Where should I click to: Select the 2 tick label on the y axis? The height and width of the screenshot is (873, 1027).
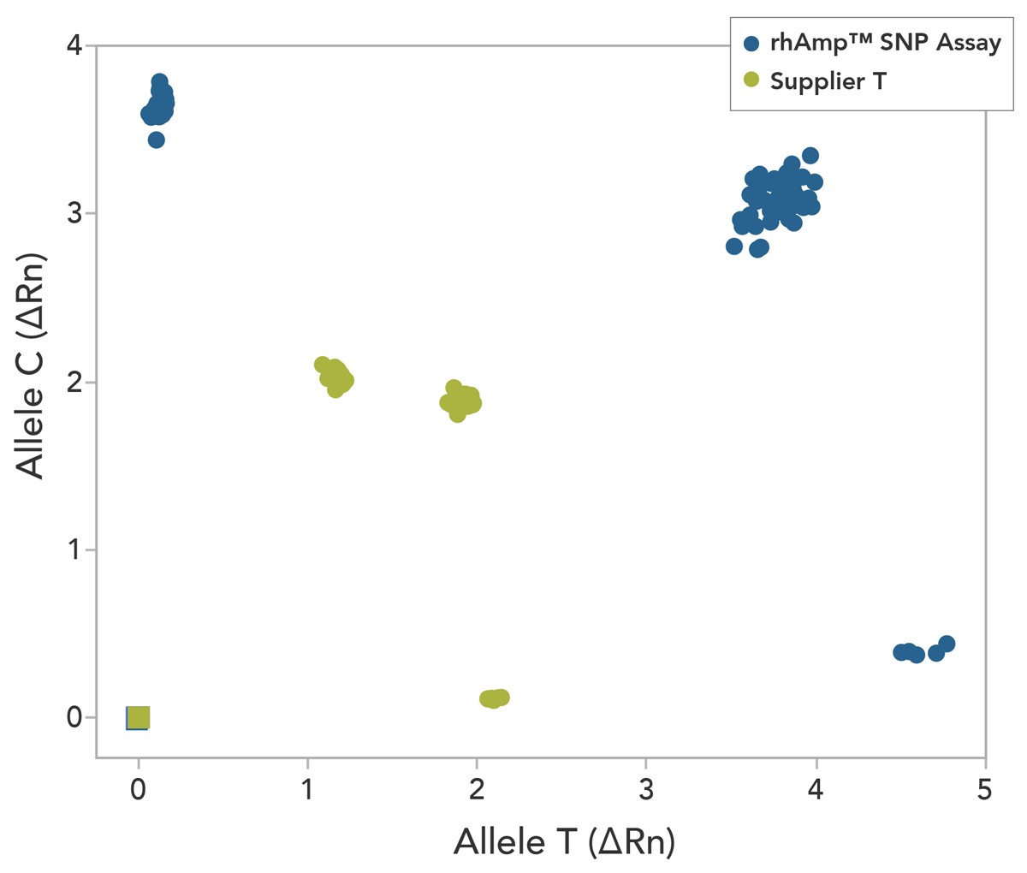click(x=74, y=381)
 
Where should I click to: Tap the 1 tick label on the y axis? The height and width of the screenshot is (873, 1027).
click(x=74, y=549)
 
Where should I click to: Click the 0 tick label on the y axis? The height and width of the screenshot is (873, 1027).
click(x=74, y=717)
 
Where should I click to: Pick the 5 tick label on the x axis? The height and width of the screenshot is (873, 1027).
click(x=985, y=788)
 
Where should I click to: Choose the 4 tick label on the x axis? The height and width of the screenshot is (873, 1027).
click(x=816, y=788)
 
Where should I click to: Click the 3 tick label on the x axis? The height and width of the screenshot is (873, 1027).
click(x=646, y=788)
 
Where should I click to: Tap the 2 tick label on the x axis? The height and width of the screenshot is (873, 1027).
click(x=477, y=788)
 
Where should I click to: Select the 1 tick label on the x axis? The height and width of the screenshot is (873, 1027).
click(x=307, y=788)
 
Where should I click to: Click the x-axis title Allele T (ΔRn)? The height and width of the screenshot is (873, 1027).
click(x=564, y=841)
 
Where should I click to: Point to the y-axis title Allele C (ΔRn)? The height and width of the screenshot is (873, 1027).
click(x=31, y=365)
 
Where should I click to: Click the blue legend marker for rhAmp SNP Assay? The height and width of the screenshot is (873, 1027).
click(x=751, y=44)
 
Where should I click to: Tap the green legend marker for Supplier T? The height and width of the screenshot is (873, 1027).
click(x=751, y=80)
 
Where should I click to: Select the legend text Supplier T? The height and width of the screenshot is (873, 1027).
click(x=828, y=81)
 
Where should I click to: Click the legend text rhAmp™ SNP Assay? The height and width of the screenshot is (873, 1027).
click(x=885, y=44)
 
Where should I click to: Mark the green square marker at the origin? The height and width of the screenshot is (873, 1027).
click(x=138, y=717)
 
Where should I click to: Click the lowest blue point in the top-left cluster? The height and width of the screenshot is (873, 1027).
click(x=156, y=140)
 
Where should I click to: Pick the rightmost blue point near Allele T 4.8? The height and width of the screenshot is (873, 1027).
click(x=946, y=644)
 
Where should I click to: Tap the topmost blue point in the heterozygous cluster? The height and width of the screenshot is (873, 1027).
click(x=810, y=156)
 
